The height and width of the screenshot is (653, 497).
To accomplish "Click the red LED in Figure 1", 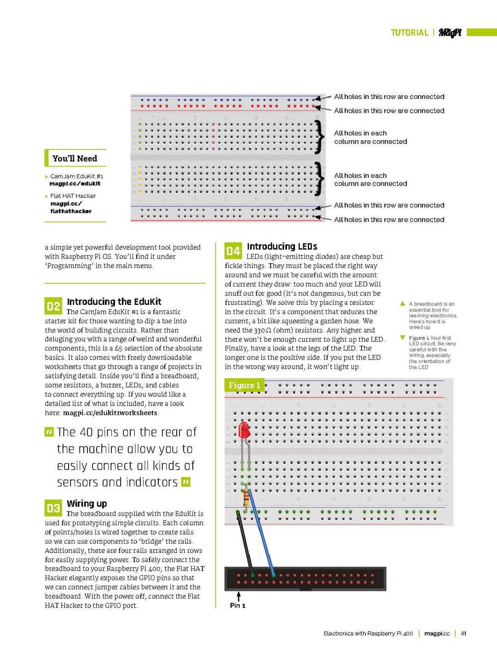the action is [244, 430].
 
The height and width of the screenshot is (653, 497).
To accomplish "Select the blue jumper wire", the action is [261, 533].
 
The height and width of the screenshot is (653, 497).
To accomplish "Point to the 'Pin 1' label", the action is [237, 605].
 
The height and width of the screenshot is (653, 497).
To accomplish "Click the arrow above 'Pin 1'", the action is [238, 596].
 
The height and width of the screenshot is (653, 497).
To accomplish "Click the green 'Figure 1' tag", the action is [244, 385].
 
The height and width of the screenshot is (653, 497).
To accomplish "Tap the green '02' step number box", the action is [53, 306].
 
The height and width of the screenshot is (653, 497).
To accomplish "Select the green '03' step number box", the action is [53, 508].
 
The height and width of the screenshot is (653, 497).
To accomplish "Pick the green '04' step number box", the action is [233, 251].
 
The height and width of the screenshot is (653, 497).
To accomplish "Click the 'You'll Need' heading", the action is [75, 158].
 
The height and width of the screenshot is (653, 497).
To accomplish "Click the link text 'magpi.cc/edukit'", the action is [75, 183].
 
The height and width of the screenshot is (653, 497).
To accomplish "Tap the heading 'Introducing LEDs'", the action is [282, 246].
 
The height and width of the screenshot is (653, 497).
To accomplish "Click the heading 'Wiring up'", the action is [87, 504].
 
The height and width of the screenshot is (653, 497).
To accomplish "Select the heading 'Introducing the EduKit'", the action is [114, 302].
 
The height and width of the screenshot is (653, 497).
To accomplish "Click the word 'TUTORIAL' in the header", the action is [410, 33].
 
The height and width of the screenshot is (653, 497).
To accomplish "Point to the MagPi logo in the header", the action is [450, 33].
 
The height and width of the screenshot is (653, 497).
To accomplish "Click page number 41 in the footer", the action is [463, 633].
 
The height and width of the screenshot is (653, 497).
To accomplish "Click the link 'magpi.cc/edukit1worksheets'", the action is [110, 413].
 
